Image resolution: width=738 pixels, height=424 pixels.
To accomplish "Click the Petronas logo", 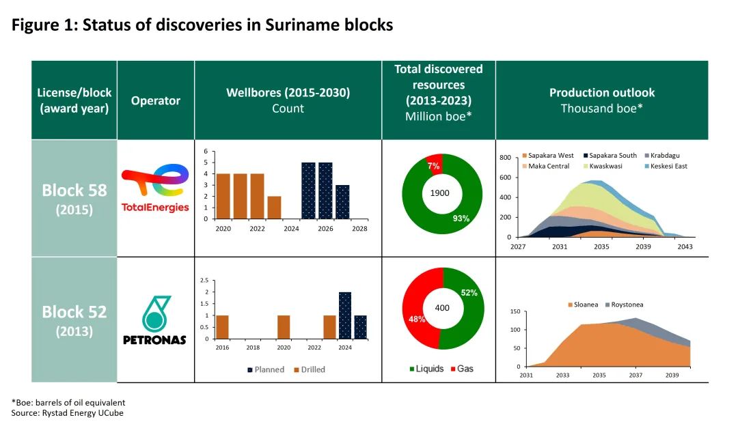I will point(155,320).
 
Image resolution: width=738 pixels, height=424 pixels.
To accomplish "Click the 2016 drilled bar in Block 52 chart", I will point(222,327).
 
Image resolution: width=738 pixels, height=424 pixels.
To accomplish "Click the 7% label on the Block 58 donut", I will point(433,166).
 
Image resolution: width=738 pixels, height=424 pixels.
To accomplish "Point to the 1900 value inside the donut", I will point(439,193).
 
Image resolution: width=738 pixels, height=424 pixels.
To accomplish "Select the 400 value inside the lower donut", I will point(442,308).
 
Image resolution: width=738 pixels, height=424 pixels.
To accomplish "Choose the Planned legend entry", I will point(265,369).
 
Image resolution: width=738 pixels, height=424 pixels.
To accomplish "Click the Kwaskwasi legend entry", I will point(603,166).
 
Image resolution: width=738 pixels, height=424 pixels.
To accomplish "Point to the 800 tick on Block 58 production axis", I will point(505,158).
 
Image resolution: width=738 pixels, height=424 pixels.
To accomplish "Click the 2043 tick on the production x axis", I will point(685,246).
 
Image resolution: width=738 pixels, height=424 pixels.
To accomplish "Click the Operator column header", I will point(156,100).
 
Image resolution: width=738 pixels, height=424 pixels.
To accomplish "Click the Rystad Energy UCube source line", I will point(68,412).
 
